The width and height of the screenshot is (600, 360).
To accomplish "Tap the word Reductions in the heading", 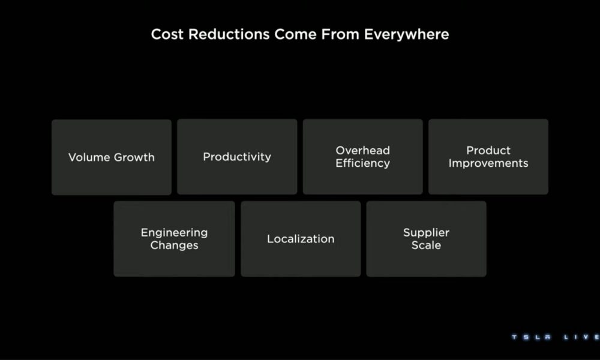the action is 229,34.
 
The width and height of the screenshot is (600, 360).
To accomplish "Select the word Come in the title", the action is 295,34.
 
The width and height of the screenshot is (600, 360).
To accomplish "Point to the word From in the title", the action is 340,34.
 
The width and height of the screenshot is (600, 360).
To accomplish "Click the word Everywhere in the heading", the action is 406,34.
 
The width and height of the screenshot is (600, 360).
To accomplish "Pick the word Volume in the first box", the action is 89,157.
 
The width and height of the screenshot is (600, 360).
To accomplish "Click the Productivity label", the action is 237,157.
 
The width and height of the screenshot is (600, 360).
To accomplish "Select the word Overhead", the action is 363,151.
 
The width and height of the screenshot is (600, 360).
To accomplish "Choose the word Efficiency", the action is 363,163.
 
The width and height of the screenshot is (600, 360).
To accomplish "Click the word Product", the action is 488,151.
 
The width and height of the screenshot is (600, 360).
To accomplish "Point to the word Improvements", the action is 488,163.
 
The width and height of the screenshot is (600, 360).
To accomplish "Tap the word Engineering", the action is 174,233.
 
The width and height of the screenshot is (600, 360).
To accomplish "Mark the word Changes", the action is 174,245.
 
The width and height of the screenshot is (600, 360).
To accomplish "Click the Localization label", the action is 301,239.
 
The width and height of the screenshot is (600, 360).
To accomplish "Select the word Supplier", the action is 426,233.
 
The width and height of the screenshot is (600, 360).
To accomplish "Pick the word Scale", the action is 426,245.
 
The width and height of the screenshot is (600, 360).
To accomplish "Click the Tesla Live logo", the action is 556,337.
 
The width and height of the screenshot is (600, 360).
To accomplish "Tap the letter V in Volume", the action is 73,157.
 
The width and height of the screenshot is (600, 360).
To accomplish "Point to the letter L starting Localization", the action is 270,239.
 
